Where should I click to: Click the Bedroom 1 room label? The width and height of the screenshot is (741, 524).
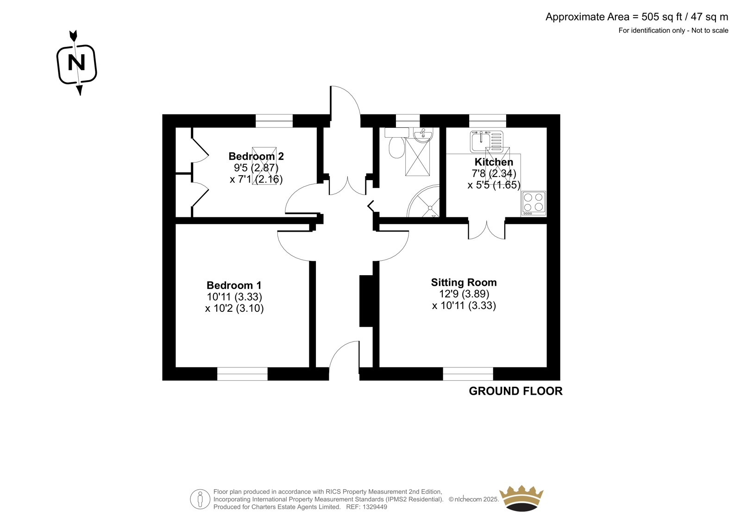point(234,285)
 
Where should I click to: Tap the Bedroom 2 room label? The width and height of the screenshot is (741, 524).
point(256,156)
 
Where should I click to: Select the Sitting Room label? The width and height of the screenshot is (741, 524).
point(464,282)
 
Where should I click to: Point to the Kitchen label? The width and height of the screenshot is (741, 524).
point(494,162)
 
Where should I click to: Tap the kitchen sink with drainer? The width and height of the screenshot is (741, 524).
point(487,141)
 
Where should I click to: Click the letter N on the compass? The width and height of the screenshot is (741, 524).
point(76,63)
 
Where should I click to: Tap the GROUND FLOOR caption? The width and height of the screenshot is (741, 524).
point(515,391)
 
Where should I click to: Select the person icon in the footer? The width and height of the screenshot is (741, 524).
point(200,499)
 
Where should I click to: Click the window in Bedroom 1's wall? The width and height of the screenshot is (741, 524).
point(242,374)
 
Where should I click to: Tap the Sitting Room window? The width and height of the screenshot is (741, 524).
point(468,374)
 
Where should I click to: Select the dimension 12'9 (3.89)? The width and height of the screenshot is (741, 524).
point(464,294)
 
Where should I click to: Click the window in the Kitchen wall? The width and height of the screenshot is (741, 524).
point(488,121)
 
